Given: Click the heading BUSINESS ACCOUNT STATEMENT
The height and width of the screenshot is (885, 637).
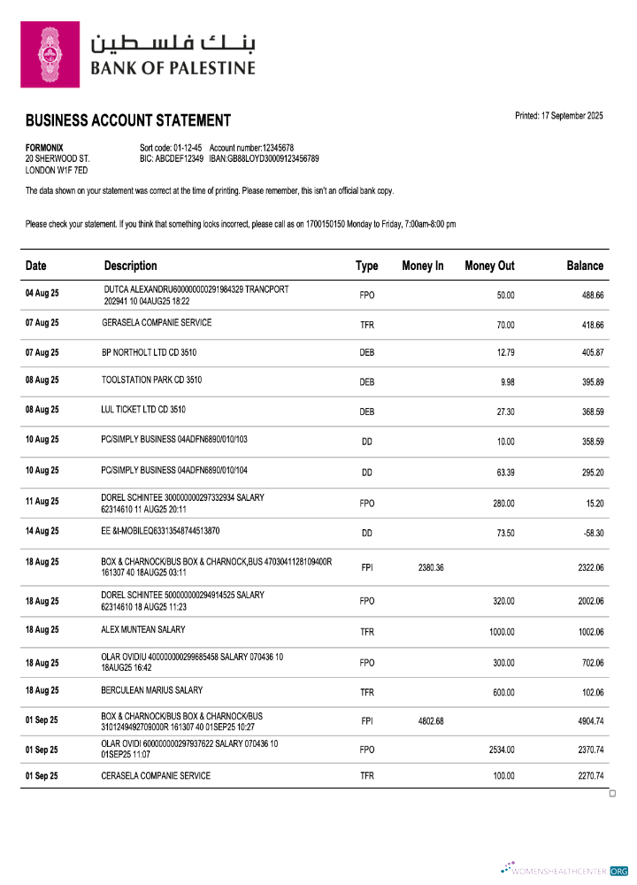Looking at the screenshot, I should tap(127, 121).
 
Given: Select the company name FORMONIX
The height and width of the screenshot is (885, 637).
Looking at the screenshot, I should tap(43, 148).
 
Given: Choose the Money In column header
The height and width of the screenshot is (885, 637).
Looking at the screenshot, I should tap(422, 265).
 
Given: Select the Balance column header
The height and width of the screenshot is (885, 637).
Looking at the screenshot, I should tap(585, 265).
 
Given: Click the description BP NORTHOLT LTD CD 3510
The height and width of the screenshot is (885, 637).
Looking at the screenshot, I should tap(149, 352).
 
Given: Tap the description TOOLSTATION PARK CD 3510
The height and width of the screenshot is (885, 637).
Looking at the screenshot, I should tap(151, 381).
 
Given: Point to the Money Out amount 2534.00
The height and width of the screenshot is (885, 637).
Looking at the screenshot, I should tap(502, 750).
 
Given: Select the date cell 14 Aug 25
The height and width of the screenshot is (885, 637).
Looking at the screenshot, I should tap(42, 532).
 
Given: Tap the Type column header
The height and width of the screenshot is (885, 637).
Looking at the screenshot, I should tap(366, 265).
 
